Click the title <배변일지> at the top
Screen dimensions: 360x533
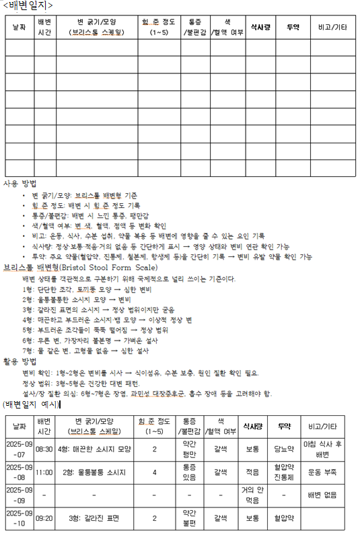point(26,6)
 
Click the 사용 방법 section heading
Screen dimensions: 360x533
point(20,183)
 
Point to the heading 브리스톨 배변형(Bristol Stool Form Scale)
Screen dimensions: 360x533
point(81,267)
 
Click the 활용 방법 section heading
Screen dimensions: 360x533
point(20,361)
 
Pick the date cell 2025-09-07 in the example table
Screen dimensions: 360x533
point(19,448)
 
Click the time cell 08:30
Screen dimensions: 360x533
point(44,448)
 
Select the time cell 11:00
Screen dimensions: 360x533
point(44,472)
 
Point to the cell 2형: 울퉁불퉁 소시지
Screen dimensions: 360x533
point(94,472)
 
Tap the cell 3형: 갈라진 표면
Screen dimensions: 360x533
point(94,519)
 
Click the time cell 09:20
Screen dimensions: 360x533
point(44,519)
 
